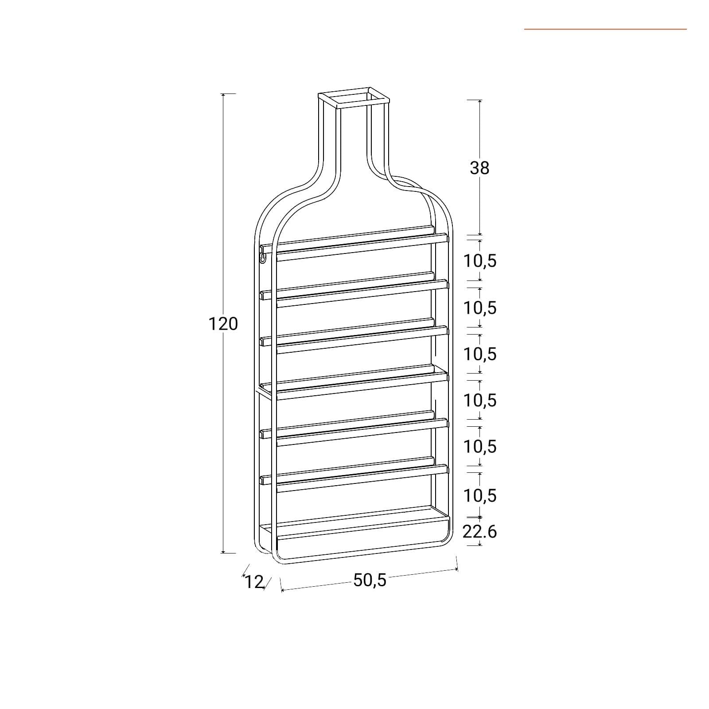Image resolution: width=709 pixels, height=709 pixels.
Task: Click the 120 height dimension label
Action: (223, 324)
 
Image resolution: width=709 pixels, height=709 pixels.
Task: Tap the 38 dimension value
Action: (479, 168)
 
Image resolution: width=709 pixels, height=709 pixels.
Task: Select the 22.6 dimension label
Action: (480, 531)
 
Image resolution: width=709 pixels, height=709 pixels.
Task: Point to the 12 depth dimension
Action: (254, 582)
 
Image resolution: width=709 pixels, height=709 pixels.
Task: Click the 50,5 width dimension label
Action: (370, 580)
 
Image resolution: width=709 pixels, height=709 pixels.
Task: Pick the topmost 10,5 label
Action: (480, 261)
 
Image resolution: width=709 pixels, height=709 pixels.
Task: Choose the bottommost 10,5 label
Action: (480, 495)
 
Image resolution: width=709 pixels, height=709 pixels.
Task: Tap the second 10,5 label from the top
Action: (480, 308)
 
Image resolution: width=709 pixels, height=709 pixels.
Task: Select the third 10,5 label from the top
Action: (480, 354)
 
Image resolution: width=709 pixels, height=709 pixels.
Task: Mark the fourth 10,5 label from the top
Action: (480, 400)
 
